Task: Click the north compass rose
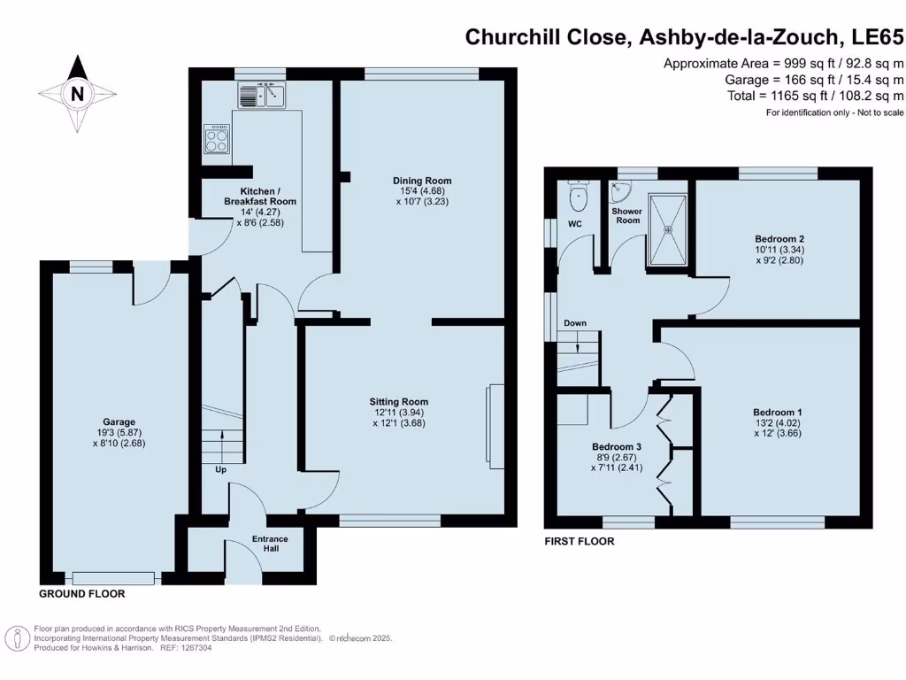point(78,93)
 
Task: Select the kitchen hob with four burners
point(217,138)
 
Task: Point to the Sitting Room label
point(399,402)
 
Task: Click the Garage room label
point(118,422)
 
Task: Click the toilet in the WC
point(580,194)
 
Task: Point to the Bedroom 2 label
point(779,239)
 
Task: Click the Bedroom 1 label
point(777,413)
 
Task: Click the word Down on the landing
point(575,323)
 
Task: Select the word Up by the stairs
point(220,469)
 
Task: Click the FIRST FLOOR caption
point(579,541)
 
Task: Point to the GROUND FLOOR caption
point(81,594)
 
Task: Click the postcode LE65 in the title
point(876,37)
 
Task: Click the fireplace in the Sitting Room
point(496,427)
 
